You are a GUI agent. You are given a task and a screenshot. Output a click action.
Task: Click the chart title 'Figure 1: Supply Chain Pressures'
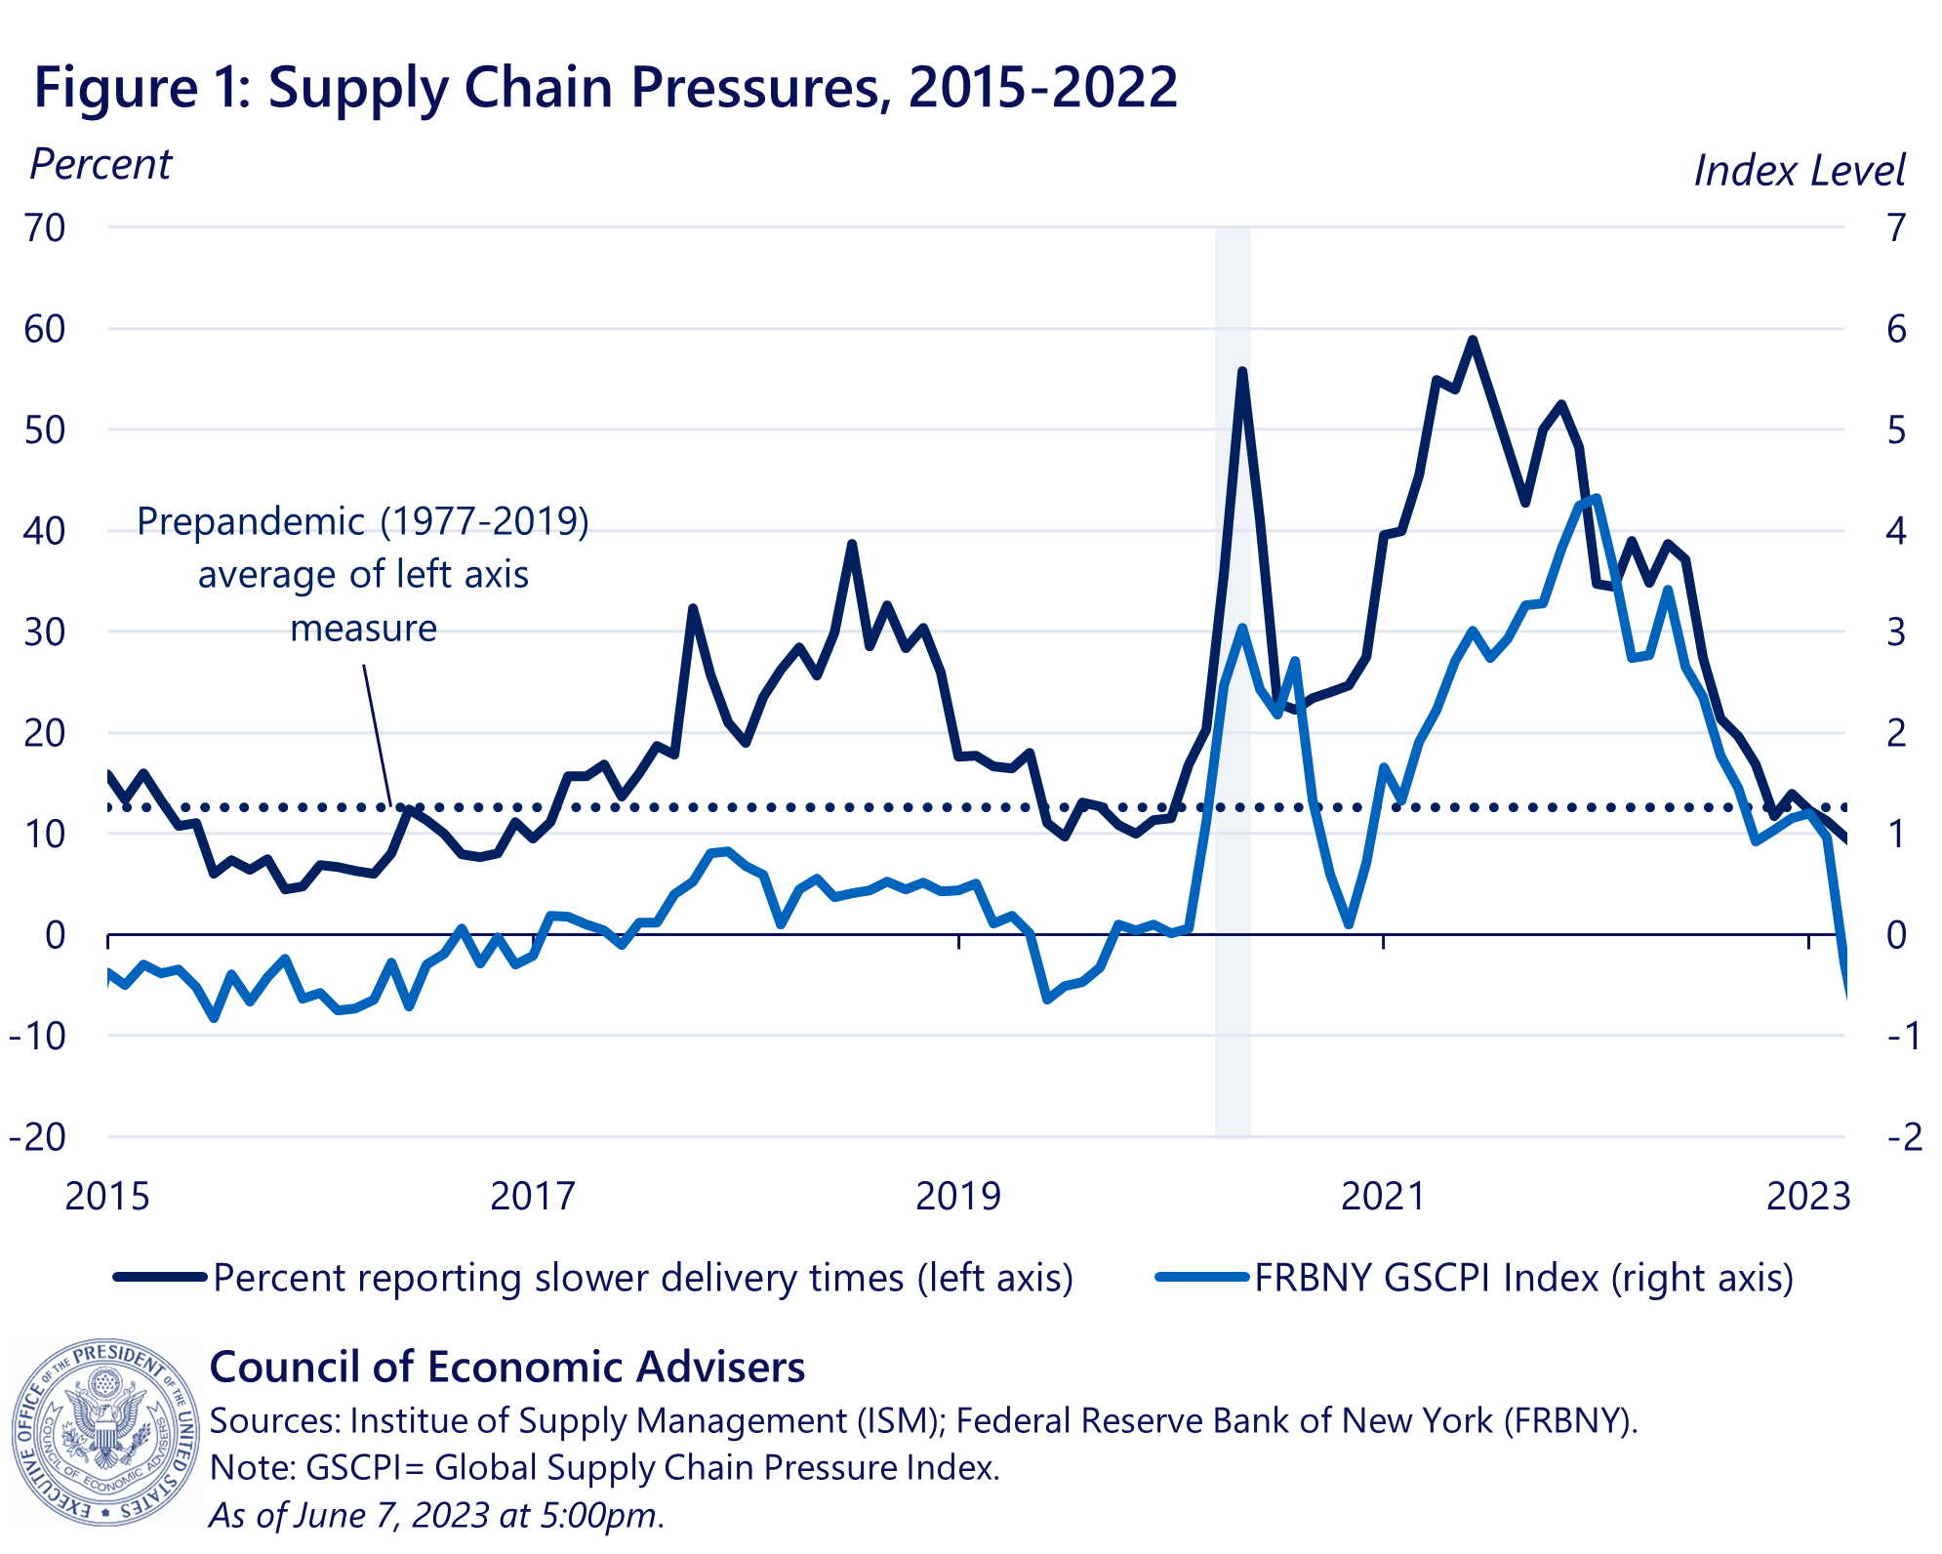click(x=605, y=88)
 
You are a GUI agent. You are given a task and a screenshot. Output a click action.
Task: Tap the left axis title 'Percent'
click(x=101, y=165)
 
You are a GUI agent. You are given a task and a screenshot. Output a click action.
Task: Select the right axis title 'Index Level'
click(x=1799, y=171)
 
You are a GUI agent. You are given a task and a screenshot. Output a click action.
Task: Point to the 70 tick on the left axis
click(x=45, y=228)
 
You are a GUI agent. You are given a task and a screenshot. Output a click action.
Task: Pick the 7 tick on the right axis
click(x=1896, y=228)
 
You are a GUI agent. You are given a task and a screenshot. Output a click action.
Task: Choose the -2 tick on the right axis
click(x=1904, y=1137)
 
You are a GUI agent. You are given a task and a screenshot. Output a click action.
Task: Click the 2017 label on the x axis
click(x=533, y=1196)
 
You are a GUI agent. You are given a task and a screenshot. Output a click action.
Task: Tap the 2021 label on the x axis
click(x=1384, y=1196)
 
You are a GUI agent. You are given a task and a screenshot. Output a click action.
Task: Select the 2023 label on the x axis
click(x=1808, y=1196)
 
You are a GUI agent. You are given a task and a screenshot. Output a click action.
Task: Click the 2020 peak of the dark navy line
click(x=1242, y=372)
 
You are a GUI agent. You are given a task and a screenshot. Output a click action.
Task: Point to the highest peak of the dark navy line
click(x=1473, y=341)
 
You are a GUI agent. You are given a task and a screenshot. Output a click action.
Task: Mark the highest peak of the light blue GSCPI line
click(x=1596, y=498)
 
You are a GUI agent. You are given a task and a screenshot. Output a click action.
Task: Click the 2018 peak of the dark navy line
click(x=852, y=544)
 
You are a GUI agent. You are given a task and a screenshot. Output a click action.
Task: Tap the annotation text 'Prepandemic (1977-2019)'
click(x=363, y=522)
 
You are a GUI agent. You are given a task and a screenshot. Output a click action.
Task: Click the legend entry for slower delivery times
click(x=642, y=1278)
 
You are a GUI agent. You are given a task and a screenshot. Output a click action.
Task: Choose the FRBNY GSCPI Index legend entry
click(x=1522, y=1278)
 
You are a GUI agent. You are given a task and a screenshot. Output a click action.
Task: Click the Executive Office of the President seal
click(x=104, y=1431)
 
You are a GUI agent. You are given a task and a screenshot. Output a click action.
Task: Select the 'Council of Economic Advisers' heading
click(x=507, y=1368)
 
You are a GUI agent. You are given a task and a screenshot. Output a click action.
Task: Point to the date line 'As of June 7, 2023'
click(x=437, y=1515)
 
